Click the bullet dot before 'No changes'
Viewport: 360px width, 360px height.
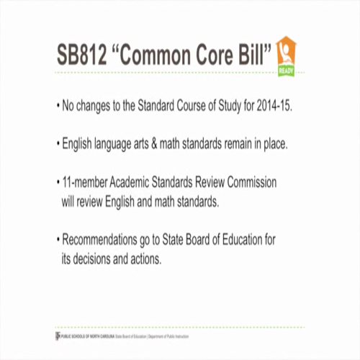(x=58, y=107)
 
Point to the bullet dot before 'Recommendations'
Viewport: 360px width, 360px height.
(x=58, y=238)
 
